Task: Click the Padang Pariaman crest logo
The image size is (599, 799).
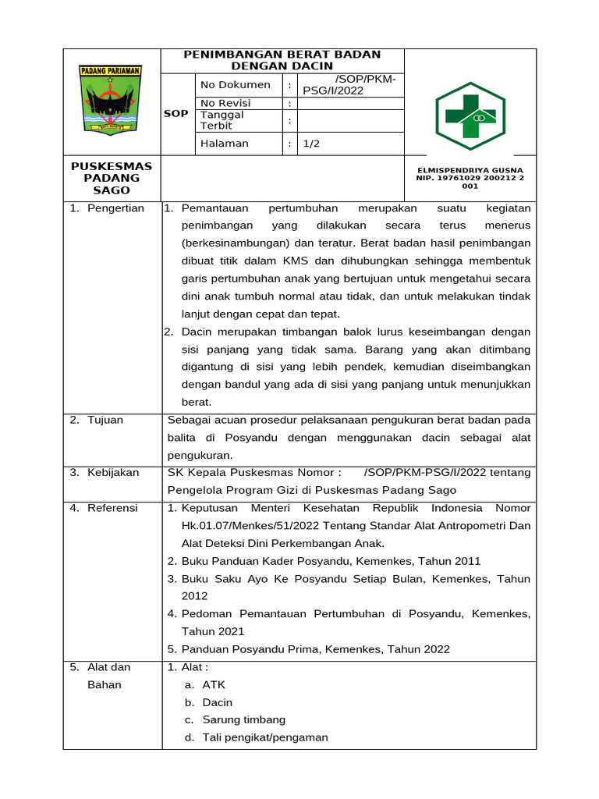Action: (x=110, y=100)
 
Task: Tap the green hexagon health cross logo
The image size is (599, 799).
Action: (x=470, y=115)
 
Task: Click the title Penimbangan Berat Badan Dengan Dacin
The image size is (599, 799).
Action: (x=282, y=60)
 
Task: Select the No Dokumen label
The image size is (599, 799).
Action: (x=236, y=84)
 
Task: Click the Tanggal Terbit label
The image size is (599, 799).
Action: (x=222, y=120)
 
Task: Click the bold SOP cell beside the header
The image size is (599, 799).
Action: (x=175, y=114)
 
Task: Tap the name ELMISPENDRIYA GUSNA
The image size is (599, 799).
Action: (x=470, y=169)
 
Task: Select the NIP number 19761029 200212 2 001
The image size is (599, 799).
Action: (x=470, y=182)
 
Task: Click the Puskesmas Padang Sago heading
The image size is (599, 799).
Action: (x=112, y=178)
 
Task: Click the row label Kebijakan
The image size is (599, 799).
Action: (x=113, y=472)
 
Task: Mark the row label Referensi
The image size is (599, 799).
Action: (x=112, y=508)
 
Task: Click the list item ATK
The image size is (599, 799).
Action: (x=214, y=685)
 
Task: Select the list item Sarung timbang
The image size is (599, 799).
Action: (x=243, y=720)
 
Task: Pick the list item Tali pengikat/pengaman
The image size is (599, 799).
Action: (x=265, y=737)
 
